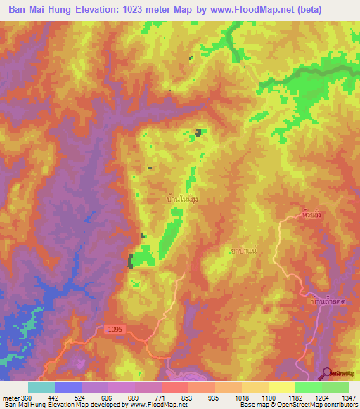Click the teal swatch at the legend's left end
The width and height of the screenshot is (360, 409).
click(41, 387)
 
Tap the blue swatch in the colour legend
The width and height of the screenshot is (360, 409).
click(68, 387)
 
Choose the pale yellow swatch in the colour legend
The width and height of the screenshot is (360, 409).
click(282, 387)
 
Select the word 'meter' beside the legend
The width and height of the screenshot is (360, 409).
click(11, 398)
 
